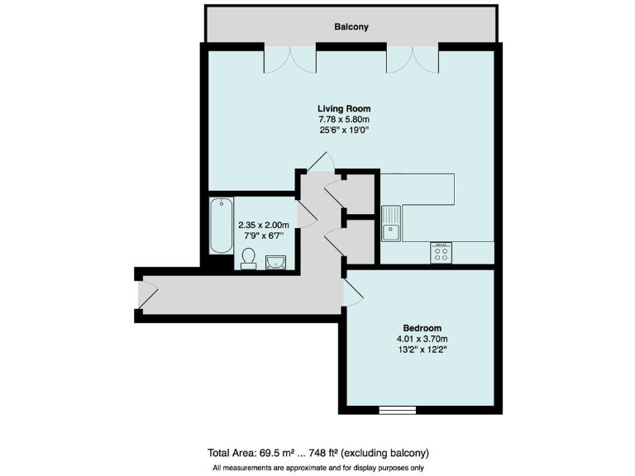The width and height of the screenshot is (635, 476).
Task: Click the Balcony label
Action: [351, 27]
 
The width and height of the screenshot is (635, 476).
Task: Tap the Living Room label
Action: [344, 108]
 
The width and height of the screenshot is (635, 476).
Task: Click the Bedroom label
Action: [422, 326]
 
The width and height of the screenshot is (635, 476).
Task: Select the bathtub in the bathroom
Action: [221, 226]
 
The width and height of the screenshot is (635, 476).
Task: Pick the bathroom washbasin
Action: [275, 263]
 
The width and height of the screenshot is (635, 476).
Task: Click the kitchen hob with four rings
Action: [441, 253]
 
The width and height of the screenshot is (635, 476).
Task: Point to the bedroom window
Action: [397, 408]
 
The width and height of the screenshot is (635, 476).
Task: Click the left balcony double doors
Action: [290, 58]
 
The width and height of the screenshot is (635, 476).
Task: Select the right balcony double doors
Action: [413, 58]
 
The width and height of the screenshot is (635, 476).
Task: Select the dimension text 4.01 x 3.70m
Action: [422, 338]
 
